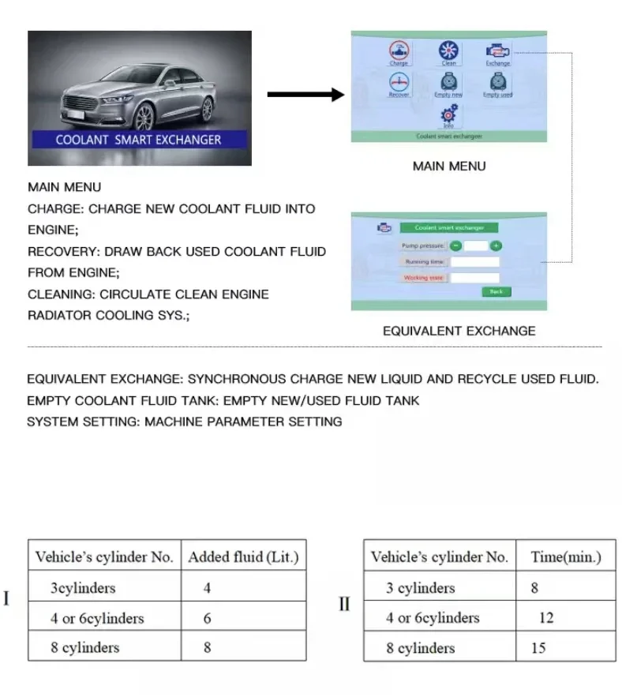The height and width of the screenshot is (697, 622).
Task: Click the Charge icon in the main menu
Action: click(399, 51)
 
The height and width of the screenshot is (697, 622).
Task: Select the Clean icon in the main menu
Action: click(448, 51)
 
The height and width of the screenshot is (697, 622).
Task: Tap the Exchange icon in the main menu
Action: click(498, 51)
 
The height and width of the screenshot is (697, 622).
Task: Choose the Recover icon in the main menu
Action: click(399, 83)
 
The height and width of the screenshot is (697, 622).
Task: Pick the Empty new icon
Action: click(448, 83)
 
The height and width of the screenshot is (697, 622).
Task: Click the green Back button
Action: click(496, 291)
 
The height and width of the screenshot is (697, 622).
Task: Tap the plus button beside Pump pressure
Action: click(496, 246)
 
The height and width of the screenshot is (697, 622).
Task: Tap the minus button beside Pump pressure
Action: click(456, 246)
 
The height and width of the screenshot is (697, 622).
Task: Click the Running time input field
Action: click(475, 262)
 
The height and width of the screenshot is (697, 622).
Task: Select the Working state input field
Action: click(475, 278)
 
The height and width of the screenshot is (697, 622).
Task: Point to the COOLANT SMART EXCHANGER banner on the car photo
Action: click(139, 140)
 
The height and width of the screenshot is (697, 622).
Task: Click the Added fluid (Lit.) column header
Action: click(243, 557)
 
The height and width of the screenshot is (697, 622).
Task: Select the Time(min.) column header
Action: click(566, 557)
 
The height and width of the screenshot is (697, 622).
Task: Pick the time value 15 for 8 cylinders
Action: click(538, 648)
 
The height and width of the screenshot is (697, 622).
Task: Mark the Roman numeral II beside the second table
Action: click(344, 604)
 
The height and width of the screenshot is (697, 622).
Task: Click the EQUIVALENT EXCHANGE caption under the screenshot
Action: click(459, 331)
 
